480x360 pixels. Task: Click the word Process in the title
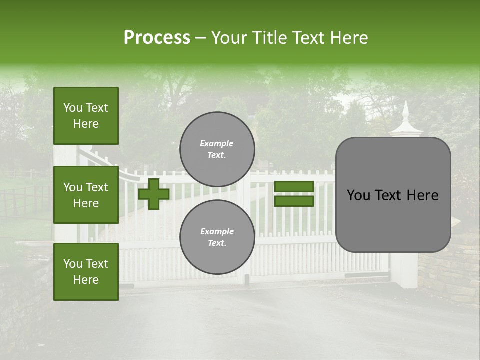click(x=157, y=37)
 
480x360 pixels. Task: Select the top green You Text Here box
click(x=86, y=116)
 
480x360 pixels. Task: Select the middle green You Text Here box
click(x=86, y=195)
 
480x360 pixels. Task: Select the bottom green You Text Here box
click(x=86, y=272)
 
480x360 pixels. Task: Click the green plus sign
click(x=154, y=194)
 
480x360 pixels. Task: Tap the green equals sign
click(x=294, y=194)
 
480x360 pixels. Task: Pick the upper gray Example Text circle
click(x=217, y=149)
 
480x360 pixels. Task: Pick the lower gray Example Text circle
click(x=217, y=237)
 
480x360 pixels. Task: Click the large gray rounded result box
click(x=393, y=195)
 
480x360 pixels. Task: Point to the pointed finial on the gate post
click(x=405, y=112)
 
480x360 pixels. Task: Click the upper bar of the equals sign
click(x=294, y=186)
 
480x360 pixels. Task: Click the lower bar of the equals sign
click(x=294, y=201)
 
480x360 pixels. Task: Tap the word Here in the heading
click(x=349, y=38)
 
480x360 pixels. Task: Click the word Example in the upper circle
click(x=216, y=143)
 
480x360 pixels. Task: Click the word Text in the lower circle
click(x=216, y=243)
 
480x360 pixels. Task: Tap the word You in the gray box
click(x=359, y=195)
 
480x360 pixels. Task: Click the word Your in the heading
click(x=230, y=38)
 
